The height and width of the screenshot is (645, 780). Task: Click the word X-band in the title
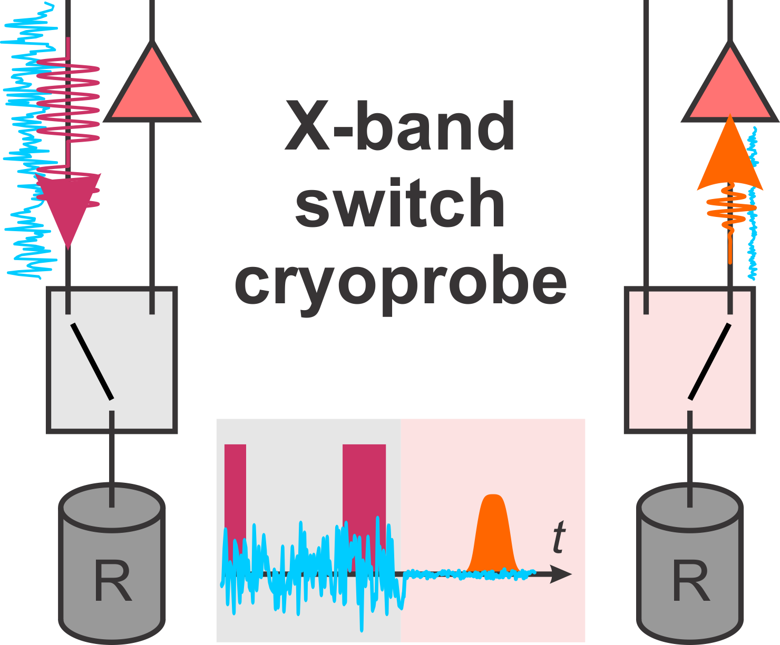click(x=399, y=126)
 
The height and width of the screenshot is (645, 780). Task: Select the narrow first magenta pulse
click(x=235, y=484)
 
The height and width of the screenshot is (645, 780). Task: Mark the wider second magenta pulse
click(x=364, y=484)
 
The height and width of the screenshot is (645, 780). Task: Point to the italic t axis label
click(x=559, y=537)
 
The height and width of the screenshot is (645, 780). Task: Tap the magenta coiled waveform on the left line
click(x=69, y=100)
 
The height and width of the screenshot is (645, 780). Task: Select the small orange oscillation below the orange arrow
click(x=730, y=208)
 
